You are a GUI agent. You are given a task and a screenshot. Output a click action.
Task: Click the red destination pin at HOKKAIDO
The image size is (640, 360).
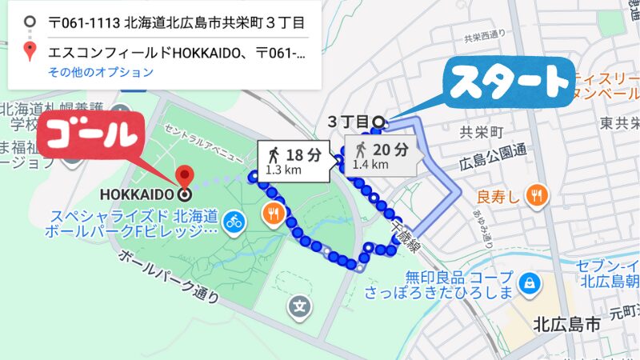point(185,175)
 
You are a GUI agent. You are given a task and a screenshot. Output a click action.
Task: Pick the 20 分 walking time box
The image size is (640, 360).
point(382,154)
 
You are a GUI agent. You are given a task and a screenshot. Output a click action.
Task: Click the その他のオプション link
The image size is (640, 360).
point(100,72)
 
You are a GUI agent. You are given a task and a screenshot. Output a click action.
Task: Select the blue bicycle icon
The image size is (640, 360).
point(234,221)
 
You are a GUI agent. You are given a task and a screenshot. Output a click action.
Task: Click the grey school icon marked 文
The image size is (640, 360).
point(300,306)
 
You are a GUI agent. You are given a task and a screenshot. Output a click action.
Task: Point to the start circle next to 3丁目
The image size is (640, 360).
point(378,122)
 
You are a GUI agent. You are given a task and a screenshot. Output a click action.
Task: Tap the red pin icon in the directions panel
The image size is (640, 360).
point(30,53)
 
